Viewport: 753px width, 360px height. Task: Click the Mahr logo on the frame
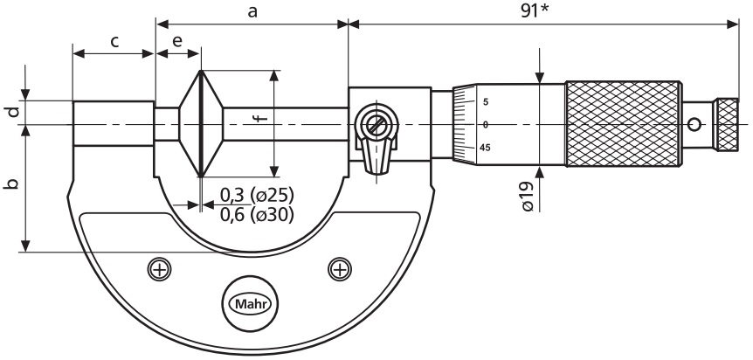click(249, 304)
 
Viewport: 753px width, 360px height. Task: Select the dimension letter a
click(252, 11)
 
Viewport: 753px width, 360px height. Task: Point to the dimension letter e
click(177, 41)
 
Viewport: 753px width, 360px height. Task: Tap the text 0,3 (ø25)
click(256, 194)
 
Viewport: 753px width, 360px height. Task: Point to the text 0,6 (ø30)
click(256, 214)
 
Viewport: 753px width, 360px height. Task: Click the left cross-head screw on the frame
click(158, 268)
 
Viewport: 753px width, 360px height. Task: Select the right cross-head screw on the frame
click(339, 268)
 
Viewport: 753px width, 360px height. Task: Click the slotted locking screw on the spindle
click(376, 125)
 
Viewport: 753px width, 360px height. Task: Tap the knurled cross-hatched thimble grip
click(623, 124)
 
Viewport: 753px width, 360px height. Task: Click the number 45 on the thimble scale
click(485, 147)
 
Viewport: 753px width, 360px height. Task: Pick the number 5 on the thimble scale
click(485, 102)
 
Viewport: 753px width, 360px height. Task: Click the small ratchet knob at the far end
click(728, 123)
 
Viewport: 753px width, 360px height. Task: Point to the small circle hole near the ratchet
click(697, 123)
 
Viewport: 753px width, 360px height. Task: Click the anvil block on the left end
click(114, 124)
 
